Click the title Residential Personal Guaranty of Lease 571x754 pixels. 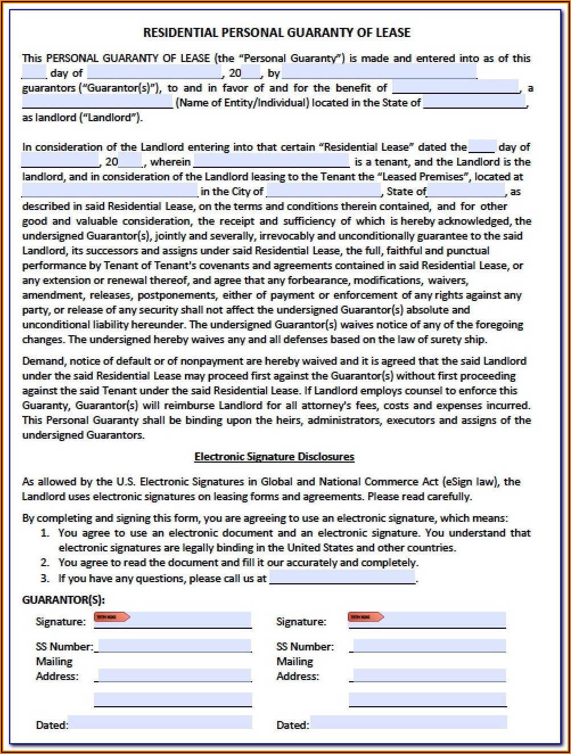277,33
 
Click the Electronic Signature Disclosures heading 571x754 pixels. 274,456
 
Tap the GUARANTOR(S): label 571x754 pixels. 63,600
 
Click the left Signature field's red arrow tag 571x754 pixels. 112,617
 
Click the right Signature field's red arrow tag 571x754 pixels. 365,617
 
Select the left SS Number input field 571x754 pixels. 174,646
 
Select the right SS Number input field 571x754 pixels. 429,646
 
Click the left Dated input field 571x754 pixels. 160,723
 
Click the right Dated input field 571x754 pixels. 409,723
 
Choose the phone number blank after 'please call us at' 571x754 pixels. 342,578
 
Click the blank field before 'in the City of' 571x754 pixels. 110,191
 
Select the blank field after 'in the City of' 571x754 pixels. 324,191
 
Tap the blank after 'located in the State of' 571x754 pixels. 475,102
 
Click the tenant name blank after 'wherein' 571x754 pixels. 272,161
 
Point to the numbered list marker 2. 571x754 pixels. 45,563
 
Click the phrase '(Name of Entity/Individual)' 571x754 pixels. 243,103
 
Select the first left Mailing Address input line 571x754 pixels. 173,675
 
